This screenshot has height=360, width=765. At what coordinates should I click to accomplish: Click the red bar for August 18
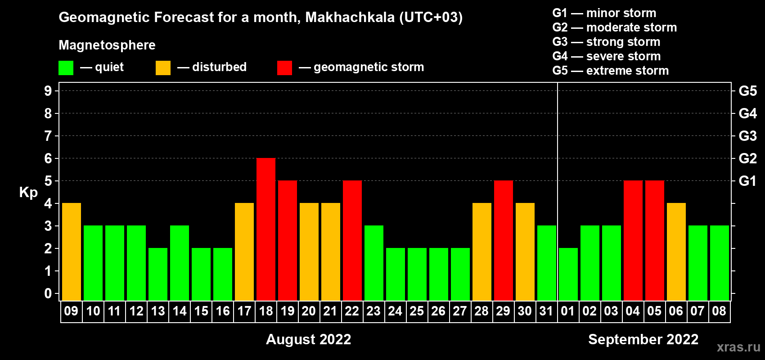point(265,229)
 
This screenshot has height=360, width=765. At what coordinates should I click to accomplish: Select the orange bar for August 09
point(72,252)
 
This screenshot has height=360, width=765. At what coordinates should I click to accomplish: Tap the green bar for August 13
point(158,274)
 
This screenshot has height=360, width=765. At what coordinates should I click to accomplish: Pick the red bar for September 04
point(633,240)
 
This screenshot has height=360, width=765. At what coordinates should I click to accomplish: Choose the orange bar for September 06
point(676,252)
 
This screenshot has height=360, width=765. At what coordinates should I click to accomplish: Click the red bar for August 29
point(504,240)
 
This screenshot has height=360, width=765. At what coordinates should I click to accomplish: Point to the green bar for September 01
point(568,274)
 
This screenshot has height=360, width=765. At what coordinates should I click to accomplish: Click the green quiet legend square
point(66,67)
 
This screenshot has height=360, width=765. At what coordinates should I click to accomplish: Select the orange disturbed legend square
point(163,67)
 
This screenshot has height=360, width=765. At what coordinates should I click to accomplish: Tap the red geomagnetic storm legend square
point(284,67)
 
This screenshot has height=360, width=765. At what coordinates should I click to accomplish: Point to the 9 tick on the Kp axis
point(48,91)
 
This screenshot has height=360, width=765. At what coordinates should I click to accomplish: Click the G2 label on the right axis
point(747,158)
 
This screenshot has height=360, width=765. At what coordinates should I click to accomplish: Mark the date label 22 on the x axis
point(352,311)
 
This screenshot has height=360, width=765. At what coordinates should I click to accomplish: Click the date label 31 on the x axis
point(546,311)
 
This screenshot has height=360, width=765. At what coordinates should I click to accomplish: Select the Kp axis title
point(28,193)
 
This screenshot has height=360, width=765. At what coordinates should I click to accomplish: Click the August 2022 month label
point(308,339)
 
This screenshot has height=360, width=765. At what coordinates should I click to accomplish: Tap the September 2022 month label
point(643,339)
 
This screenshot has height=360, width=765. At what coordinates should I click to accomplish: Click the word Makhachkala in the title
point(350,17)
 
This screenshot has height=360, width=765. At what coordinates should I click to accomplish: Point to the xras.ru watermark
point(738,347)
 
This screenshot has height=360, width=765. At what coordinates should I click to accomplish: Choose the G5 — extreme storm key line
point(610,71)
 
